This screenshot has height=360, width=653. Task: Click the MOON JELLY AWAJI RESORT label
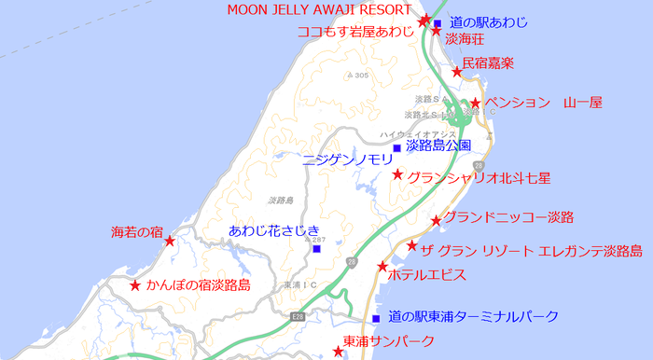[x=319, y=9]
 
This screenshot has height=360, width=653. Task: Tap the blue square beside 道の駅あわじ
[x=438, y=23]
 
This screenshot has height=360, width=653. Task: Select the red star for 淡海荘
[x=436, y=32]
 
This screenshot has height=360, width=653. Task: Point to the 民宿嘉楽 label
[x=488, y=63]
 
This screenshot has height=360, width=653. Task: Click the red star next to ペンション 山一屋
[x=475, y=104]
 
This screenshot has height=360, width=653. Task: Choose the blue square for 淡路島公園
[x=396, y=148]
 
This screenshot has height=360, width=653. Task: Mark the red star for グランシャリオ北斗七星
[x=397, y=175]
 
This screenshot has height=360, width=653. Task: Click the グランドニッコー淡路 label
[x=507, y=217]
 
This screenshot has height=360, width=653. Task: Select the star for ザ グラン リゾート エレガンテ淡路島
[x=412, y=246]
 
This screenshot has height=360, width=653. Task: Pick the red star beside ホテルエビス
[x=382, y=267]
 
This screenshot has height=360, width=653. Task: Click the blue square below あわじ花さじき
[x=316, y=248]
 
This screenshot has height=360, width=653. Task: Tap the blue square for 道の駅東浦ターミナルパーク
[x=376, y=318]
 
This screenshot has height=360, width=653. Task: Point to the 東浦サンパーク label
[x=389, y=341]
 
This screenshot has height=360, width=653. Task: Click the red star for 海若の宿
[x=170, y=242]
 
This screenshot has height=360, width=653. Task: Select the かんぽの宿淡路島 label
[x=198, y=285]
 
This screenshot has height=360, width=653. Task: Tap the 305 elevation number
[x=361, y=76]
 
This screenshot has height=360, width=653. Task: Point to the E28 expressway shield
[x=298, y=318]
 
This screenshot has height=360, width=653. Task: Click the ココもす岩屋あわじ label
[x=354, y=31]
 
